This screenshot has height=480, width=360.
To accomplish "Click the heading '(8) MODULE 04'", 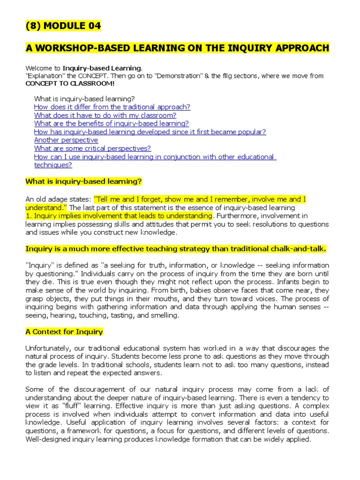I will (63, 26).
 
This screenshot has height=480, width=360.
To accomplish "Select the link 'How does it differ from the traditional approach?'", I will (112, 107).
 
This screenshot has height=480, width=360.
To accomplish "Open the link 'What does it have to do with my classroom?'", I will (105, 115).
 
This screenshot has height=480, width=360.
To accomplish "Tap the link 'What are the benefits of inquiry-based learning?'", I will (111, 124).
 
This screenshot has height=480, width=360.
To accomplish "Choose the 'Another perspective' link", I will (66, 140).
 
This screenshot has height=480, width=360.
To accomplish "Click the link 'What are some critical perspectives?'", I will (92, 149).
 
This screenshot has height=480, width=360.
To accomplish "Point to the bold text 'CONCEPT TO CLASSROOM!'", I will (69, 83).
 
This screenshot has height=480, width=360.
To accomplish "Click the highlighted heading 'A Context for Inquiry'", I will (64, 332).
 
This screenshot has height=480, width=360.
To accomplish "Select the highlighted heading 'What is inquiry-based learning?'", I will (83, 181).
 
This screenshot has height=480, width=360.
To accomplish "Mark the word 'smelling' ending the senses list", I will (165, 315).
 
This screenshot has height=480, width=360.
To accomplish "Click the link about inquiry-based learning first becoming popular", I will (150, 132).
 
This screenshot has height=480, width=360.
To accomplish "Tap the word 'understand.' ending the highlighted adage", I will (46, 207).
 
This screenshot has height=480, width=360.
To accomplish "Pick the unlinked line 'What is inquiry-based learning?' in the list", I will (84, 98).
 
